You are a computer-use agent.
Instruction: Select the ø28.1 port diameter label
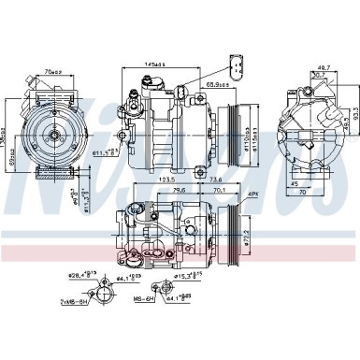(x=87, y=275)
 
